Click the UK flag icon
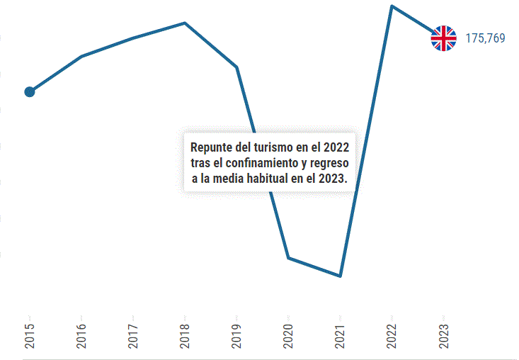[x=444, y=38]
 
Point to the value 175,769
[x=485, y=38]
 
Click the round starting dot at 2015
[x=30, y=91]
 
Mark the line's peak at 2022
[x=392, y=6]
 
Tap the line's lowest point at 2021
[x=341, y=276]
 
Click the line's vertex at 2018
[x=185, y=23]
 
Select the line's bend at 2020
[x=288, y=257]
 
